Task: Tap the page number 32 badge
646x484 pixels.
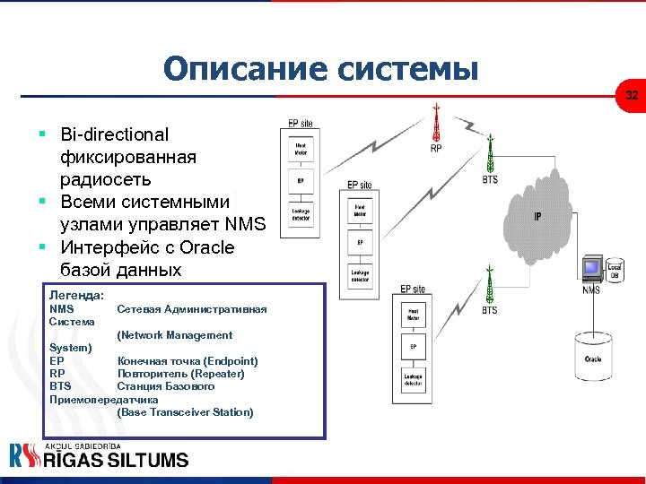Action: tap(632, 95)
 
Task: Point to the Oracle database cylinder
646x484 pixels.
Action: tap(593, 358)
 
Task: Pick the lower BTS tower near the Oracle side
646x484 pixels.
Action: tap(489, 286)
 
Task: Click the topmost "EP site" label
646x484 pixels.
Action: tap(301, 123)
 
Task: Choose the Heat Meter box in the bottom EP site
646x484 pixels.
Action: tap(413, 315)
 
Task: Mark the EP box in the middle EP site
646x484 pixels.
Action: tap(359, 242)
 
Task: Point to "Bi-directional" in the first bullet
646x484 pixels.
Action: tap(114, 135)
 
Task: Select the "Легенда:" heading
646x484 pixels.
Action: tap(77, 294)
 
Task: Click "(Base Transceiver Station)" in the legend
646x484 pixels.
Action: tap(185, 412)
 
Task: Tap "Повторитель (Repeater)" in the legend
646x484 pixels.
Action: tap(180, 374)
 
